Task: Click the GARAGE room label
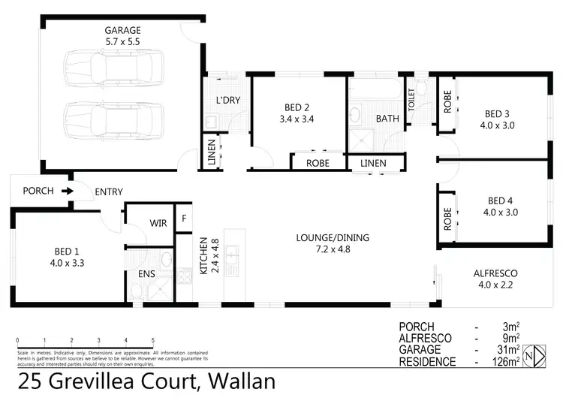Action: coord(122,30)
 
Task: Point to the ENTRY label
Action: coord(108,192)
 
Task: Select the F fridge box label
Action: coord(182,219)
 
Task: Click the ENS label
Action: coord(146,275)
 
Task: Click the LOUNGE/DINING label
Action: coord(332,238)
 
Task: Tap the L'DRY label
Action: coord(227,100)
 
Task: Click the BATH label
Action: coord(387,118)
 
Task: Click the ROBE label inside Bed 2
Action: coord(318,162)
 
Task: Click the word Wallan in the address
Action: coord(235,381)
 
